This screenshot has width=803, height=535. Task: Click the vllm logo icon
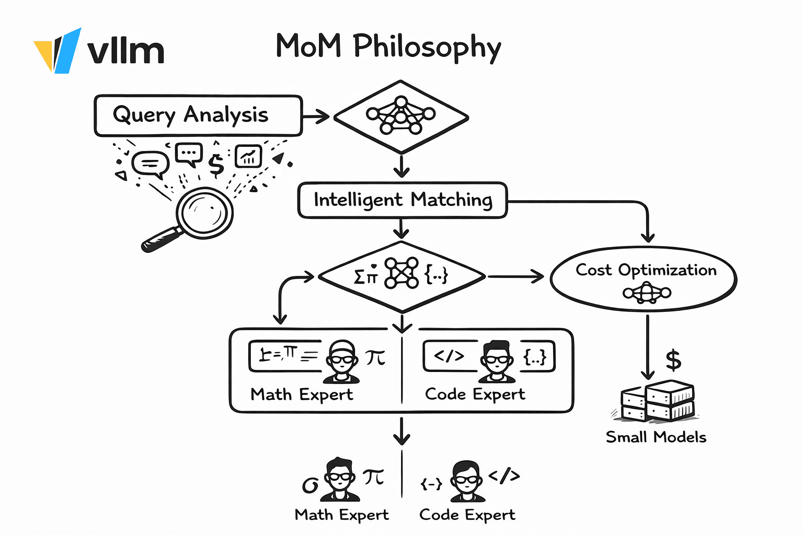point(58,51)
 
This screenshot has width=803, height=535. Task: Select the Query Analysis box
point(198,115)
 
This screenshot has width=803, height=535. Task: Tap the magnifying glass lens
point(204,213)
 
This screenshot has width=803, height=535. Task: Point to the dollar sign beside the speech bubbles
point(216,165)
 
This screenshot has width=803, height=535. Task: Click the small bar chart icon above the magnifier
point(248,156)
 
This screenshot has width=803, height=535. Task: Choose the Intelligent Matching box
point(402,200)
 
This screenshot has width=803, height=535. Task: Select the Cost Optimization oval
point(644,279)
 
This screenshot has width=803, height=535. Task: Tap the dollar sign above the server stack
point(673,360)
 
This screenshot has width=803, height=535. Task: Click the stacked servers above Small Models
point(657,401)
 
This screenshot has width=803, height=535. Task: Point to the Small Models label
point(656,437)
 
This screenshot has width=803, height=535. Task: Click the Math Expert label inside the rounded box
point(302,394)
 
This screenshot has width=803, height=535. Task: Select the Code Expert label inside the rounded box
point(475,394)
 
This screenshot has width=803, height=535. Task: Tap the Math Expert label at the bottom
point(341,515)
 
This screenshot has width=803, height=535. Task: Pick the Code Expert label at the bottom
point(467,515)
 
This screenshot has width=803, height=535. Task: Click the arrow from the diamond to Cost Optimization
point(515,276)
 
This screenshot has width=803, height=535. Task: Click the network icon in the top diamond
point(400,115)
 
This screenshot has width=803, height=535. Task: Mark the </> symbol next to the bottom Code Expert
point(504,476)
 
